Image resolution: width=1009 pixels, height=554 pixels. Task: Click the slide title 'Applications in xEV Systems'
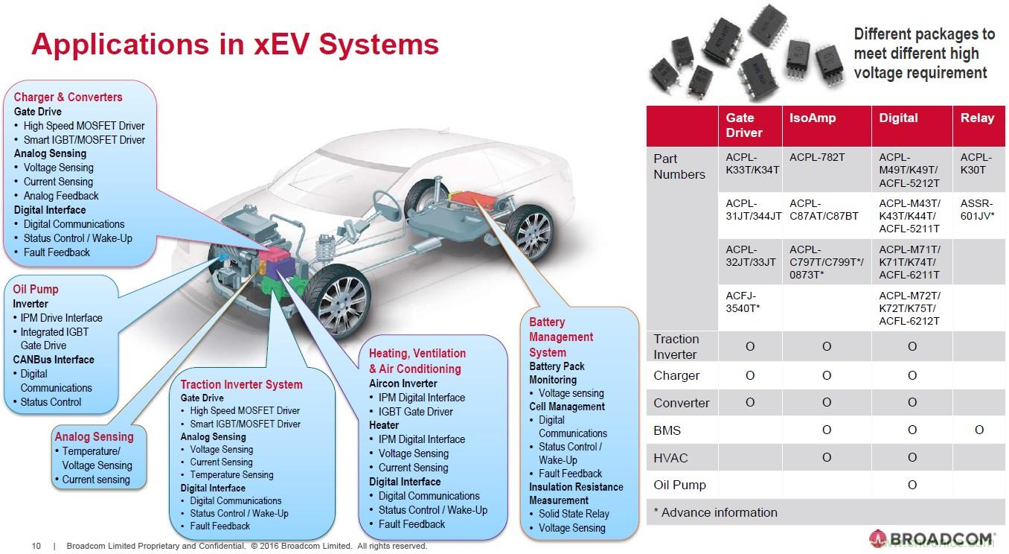[x=234, y=44]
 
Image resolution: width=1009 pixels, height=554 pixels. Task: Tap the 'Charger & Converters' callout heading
[x=68, y=97]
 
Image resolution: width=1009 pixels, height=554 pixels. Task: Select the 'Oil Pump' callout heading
[x=35, y=289]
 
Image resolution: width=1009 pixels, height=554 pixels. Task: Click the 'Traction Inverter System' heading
[x=241, y=384]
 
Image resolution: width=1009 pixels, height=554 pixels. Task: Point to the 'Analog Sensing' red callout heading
[x=94, y=436]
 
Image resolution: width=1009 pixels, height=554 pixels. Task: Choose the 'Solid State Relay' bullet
[x=573, y=514]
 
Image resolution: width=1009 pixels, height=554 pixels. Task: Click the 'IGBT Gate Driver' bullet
[x=415, y=411]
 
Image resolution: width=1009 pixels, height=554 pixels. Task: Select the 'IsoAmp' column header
[x=812, y=118]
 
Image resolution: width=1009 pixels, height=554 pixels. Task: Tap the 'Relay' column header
[x=977, y=118]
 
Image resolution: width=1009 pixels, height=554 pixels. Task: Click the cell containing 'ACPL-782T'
[x=817, y=157]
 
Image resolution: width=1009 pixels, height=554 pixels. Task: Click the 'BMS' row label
[x=667, y=430]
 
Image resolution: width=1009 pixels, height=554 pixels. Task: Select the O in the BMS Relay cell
[x=979, y=430]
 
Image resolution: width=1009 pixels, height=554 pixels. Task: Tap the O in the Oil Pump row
[x=912, y=485]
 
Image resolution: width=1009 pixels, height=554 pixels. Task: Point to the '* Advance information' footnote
[x=715, y=512]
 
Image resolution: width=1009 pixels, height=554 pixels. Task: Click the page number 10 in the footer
[x=36, y=546]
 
